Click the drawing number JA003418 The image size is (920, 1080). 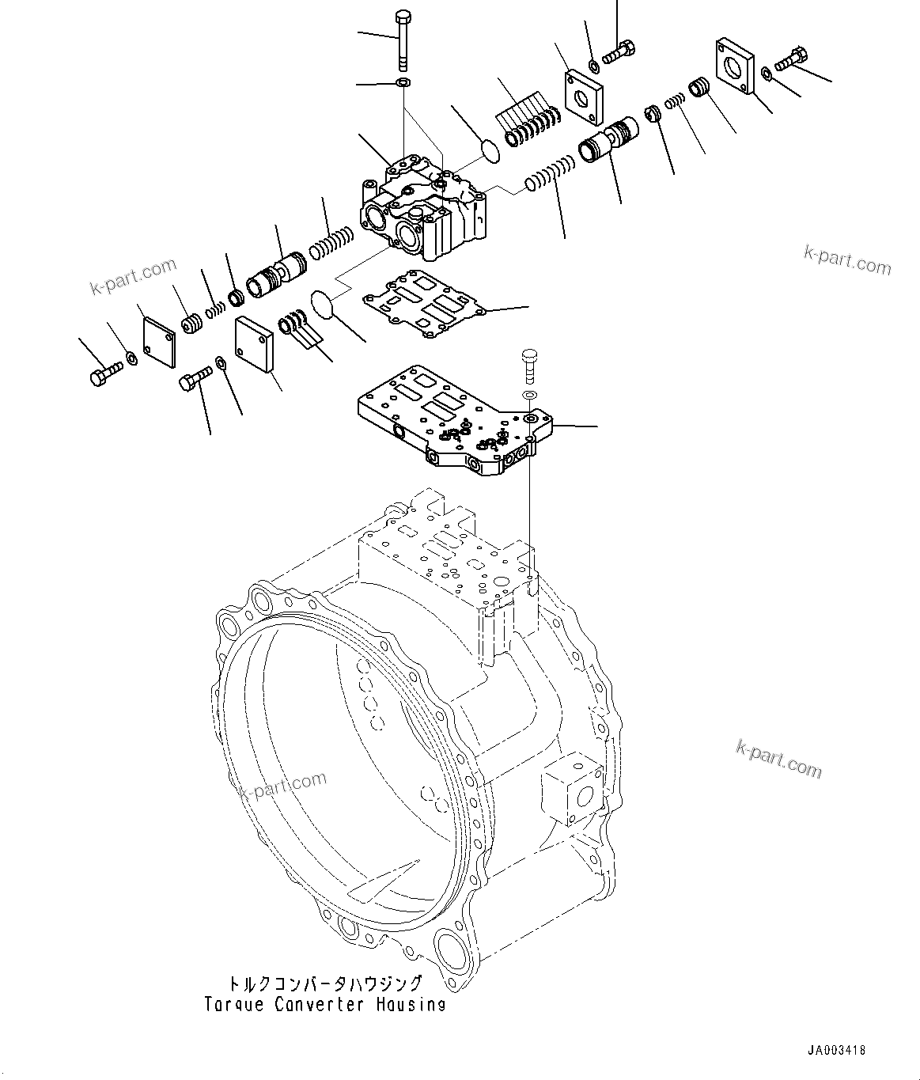coord(836,1051)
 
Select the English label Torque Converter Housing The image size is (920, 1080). coord(324,1005)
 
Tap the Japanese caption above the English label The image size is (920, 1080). coord(324,983)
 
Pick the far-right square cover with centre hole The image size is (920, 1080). coord(735,65)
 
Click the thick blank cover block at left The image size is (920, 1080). coord(254,344)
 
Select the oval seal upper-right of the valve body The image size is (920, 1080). coord(490,151)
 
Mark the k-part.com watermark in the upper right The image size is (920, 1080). coord(846,260)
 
